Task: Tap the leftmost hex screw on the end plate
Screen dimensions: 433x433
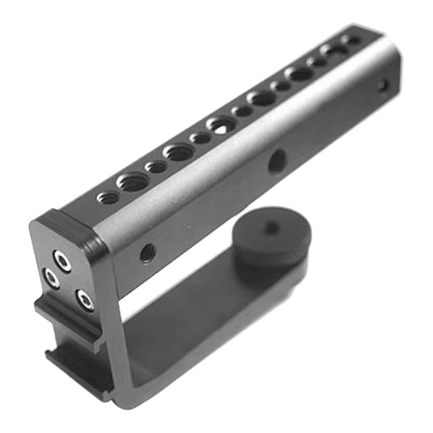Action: (51, 279)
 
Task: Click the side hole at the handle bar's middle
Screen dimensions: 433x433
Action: (278, 161)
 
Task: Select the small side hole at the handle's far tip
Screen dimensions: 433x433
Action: (383, 85)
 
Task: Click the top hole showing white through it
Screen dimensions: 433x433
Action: (221, 126)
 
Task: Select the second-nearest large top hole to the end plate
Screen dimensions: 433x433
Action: (179, 153)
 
